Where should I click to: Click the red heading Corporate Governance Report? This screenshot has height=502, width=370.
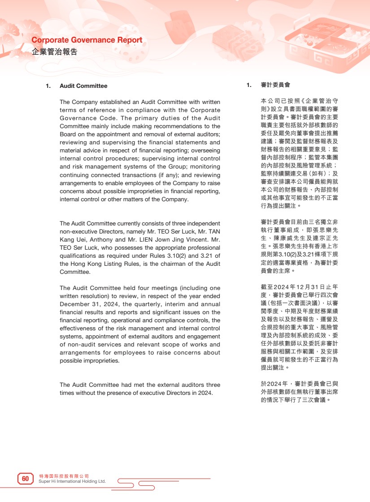coord(87,40)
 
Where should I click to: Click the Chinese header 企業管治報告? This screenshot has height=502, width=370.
coord(55,52)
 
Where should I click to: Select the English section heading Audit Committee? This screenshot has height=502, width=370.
coord(83,86)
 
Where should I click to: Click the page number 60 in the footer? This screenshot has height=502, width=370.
coord(26,479)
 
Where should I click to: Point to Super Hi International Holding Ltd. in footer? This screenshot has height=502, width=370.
coord(72,481)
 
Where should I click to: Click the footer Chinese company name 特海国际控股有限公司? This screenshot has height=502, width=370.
coord(64,476)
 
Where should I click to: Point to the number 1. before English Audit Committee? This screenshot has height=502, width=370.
coord(48,86)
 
